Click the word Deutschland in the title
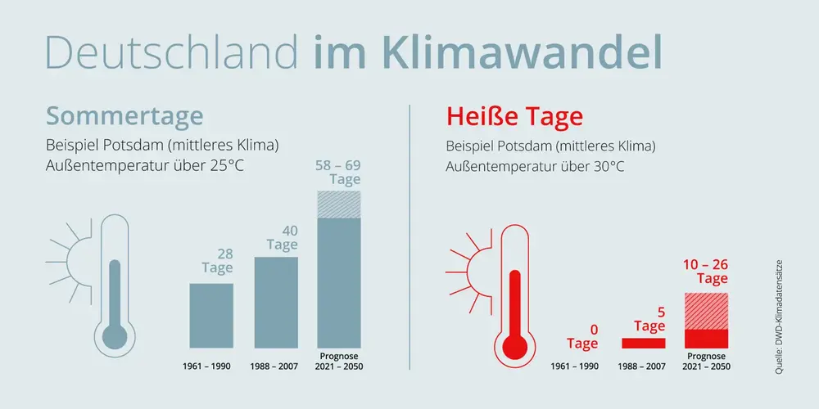pyautogui.click(x=172, y=52)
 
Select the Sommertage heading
pyautogui.click(x=124, y=117)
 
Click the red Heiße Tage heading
pyautogui.click(x=514, y=117)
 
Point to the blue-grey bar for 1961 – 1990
pyautogui.click(x=211, y=316)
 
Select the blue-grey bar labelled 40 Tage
pyautogui.click(x=276, y=303)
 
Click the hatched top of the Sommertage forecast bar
pyautogui.click(x=339, y=204)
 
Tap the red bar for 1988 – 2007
pyautogui.click(x=644, y=343)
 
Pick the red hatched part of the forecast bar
pyautogui.click(x=706, y=312)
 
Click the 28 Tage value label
pyautogui.click(x=217, y=262)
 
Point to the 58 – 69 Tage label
pyautogui.click(x=338, y=173)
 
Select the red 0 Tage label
pyautogui.click(x=583, y=337)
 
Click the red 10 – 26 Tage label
pyautogui.click(x=705, y=272)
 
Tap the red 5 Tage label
pyautogui.click(x=649, y=320)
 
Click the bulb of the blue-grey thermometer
pyautogui.click(x=115, y=336)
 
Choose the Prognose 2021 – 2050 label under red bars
pyautogui.click(x=706, y=361)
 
